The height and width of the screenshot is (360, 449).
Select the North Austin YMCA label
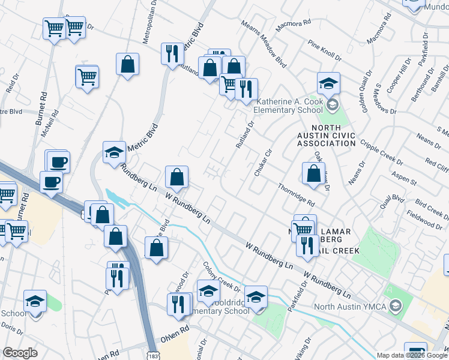pyautogui.click(x=351, y=307)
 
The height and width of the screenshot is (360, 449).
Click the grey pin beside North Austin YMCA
pyautogui.click(x=395, y=307)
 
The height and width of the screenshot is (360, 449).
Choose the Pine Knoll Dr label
pyautogui.click(x=324, y=52)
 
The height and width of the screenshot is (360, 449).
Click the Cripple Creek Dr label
pyautogui.click(x=382, y=152)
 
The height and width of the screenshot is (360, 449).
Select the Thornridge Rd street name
pyautogui.click(x=297, y=194)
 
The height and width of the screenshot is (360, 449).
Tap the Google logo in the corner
pyautogui.click(x=20, y=353)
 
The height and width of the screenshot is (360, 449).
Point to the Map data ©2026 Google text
pyautogui.click(x=412, y=355)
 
